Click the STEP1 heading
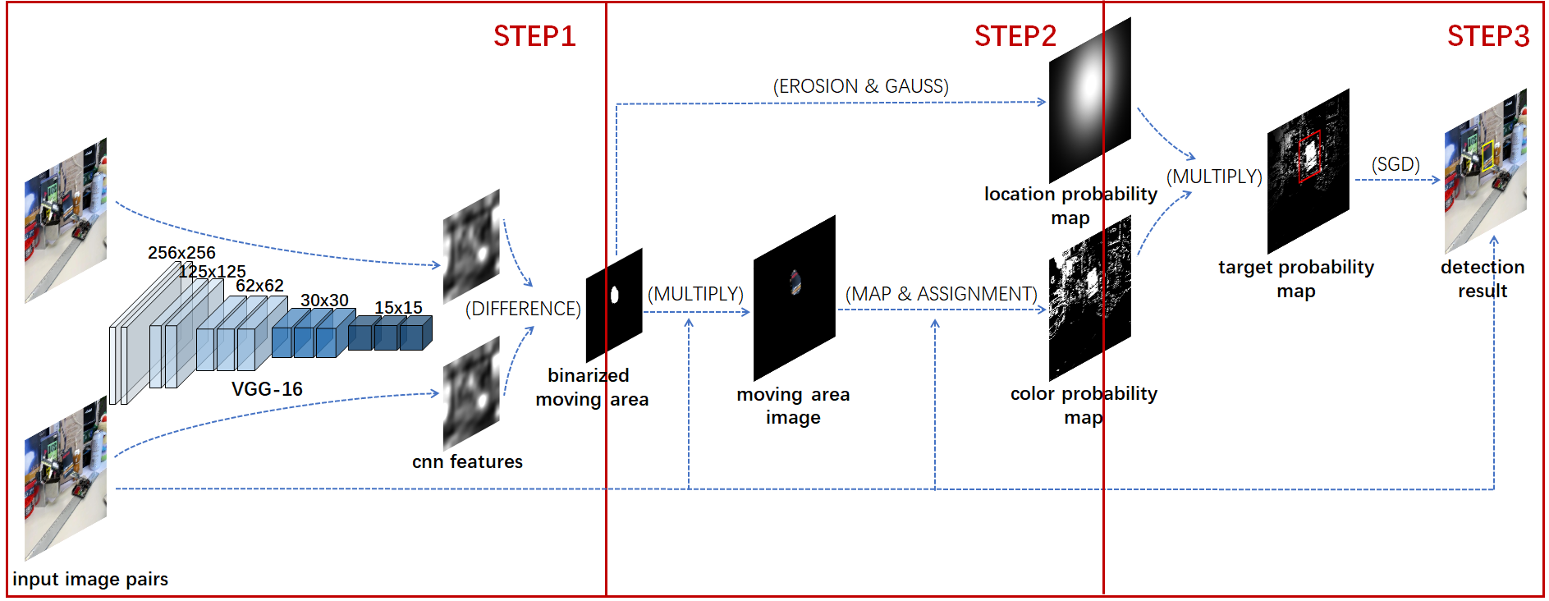(534, 36)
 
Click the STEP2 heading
(1015, 36)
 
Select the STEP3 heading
(1487, 36)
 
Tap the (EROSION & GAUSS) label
(860, 86)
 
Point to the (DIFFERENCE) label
(523, 309)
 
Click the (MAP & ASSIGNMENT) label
(941, 294)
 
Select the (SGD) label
(1395, 164)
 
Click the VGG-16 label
(267, 388)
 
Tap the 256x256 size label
(181, 253)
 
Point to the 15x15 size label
(398, 308)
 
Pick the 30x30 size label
(324, 300)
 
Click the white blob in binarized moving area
(614, 295)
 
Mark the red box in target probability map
(1309, 155)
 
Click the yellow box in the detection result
(1487, 156)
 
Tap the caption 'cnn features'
(467, 461)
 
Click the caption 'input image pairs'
(90, 579)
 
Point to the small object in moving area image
(795, 282)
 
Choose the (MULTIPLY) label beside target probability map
(1214, 177)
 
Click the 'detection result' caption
(1483, 278)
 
